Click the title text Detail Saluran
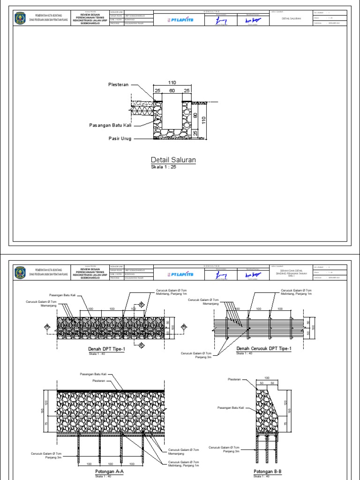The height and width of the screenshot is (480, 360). tap(173, 160)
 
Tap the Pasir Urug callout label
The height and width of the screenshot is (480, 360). tap(120, 139)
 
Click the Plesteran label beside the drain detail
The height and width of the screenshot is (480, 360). tap(119, 85)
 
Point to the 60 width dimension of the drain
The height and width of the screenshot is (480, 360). tap(172, 90)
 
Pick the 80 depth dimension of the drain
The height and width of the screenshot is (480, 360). tap(195, 115)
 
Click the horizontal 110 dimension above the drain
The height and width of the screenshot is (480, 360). tap(172, 82)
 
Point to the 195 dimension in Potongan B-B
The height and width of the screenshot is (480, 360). tap(290, 411)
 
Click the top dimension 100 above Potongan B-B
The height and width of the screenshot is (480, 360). tap(267, 378)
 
